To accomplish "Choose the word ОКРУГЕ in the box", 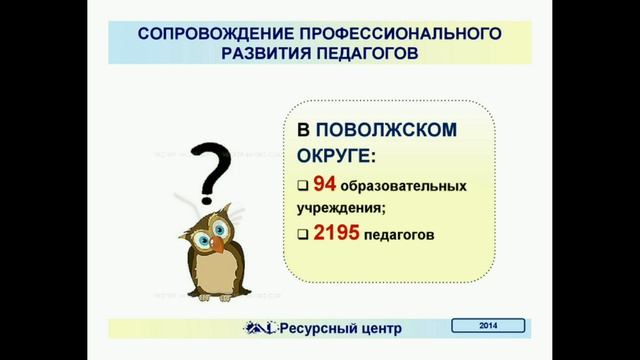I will tap(334, 157).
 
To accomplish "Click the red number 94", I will tap(324, 185).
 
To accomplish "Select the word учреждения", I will tap(339, 208).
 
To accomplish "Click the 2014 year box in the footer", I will tap(488, 325).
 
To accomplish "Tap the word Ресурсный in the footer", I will tap(319, 327).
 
